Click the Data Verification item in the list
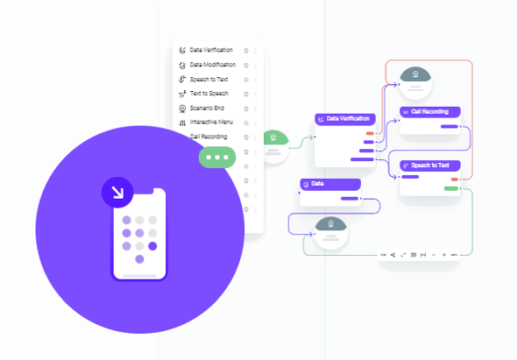click(211, 50)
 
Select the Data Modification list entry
click(213, 65)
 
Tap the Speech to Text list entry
click(209, 80)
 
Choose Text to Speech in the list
click(209, 94)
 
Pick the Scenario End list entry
click(207, 108)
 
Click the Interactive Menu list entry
click(211, 123)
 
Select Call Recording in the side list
click(209, 137)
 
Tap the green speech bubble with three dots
click(217, 158)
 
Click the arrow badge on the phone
click(117, 193)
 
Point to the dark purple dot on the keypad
click(152, 246)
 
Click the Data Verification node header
click(345, 119)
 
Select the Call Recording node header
click(430, 112)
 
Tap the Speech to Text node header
click(430, 166)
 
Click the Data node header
click(330, 184)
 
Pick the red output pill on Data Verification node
click(370, 133)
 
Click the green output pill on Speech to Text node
click(451, 188)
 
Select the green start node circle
click(274, 146)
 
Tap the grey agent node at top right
click(415, 83)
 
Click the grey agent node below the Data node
click(330, 233)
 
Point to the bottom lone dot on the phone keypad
click(139, 259)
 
